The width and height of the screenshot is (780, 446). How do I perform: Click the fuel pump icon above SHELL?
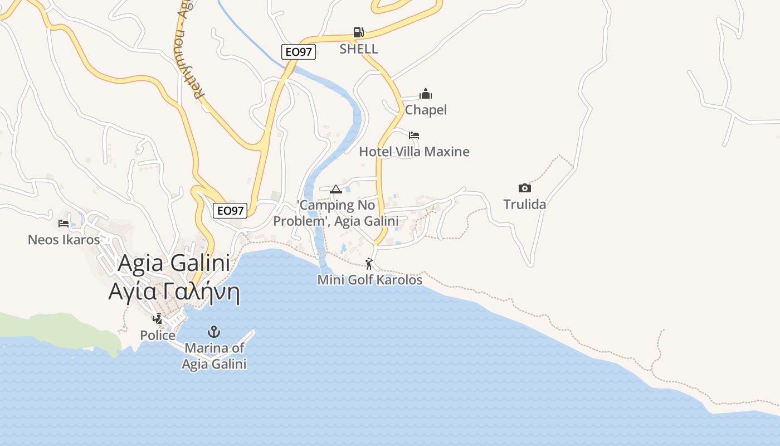pos(359,32)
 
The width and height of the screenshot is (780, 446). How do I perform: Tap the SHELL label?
pos(359,49)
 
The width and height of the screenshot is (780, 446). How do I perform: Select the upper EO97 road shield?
pos(299,52)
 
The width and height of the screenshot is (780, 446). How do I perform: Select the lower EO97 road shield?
pos(230,210)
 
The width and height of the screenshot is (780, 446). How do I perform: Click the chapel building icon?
pos(426,94)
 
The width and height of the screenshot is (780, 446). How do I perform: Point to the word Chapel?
pos(426,110)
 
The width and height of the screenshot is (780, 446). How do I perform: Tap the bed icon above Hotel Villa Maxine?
pos(414,135)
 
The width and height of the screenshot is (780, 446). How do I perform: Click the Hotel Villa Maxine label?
pos(414,152)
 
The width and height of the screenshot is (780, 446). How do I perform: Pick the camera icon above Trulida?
pos(524,188)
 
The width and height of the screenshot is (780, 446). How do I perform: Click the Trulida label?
pos(524,204)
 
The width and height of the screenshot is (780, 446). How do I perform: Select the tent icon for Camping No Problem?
pos(335,190)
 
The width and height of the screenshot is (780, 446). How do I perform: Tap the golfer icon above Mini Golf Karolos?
pos(369,264)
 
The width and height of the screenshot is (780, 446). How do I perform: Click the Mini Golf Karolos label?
pos(370,280)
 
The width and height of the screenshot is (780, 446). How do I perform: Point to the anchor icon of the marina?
pos(214,332)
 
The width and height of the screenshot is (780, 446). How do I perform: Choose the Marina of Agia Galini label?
pos(214,356)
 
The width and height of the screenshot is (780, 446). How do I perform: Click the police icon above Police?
pos(158,319)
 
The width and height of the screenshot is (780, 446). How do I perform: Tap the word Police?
pos(158,336)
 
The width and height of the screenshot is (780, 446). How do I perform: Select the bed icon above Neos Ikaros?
pos(64,224)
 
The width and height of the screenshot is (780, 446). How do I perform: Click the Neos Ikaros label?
pos(64,240)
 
